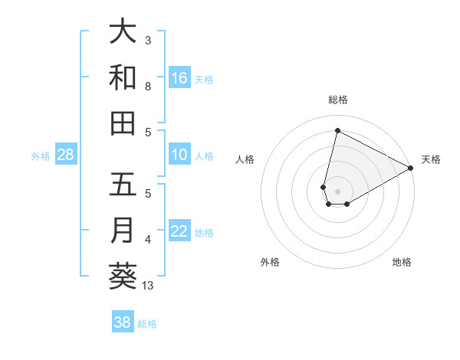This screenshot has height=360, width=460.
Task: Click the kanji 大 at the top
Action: [123, 32]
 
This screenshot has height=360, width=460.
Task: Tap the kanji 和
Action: [123, 77]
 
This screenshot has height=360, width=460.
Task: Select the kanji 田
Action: [123, 123]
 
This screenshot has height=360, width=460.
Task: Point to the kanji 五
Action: [123, 186]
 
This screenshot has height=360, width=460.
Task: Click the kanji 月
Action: [123, 231]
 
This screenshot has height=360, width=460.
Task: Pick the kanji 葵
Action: [123, 277]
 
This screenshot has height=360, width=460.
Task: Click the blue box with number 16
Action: [179, 77]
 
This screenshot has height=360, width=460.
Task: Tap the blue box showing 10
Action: [179, 155]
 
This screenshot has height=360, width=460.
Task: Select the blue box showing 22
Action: [179, 231]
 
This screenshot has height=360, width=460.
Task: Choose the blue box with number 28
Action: [66, 155]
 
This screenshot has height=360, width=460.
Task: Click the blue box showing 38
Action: [122, 322]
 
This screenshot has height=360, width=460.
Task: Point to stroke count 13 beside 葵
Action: [148, 286]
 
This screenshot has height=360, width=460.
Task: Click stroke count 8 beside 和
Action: [148, 87]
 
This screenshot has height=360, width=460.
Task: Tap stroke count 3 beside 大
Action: [148, 41]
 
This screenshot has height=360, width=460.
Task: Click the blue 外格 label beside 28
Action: [41, 155]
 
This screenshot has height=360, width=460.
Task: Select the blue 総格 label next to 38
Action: [147, 323]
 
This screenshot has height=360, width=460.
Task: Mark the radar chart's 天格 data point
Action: [411, 169]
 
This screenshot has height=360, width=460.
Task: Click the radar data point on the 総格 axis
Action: [337, 130]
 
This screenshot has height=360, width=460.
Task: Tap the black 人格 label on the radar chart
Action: [245, 159]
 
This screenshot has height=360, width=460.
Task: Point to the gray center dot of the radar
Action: [338, 180]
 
